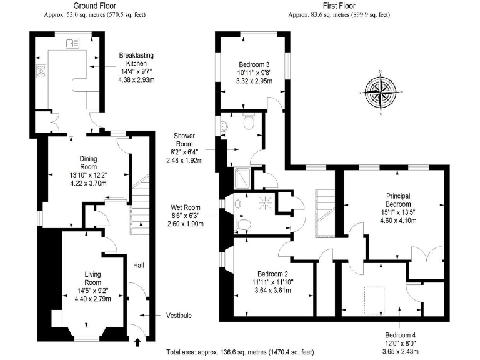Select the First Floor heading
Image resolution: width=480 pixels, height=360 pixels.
point(339,6)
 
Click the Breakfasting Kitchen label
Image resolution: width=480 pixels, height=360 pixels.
point(136,59)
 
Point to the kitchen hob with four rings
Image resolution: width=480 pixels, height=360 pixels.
point(42,71)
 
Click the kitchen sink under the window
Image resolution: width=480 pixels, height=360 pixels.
point(74,43)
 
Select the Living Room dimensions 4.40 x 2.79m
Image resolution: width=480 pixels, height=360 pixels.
point(92,299)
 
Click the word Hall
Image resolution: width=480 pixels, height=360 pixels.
point(138,266)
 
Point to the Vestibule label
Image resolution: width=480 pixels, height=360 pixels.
point(179,315)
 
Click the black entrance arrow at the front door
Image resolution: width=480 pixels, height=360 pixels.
point(137,341)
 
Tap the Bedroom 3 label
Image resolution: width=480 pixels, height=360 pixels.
point(254,64)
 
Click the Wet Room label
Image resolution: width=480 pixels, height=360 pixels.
point(186,208)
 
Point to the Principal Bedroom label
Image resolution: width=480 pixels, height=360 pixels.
point(398,200)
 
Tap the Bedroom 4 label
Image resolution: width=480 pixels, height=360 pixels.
point(399,333)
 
